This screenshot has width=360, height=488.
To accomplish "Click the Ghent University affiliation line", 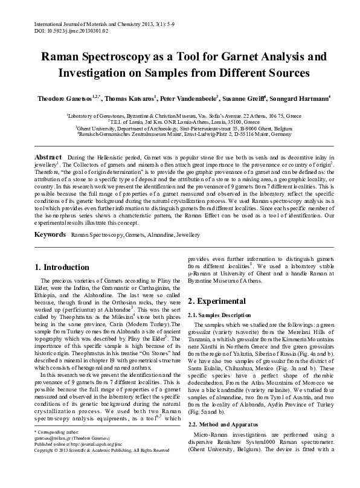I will coord(179,128).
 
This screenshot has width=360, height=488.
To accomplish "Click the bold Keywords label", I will coord(50,233).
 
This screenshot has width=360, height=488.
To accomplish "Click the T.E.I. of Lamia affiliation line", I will coord(179,121).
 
